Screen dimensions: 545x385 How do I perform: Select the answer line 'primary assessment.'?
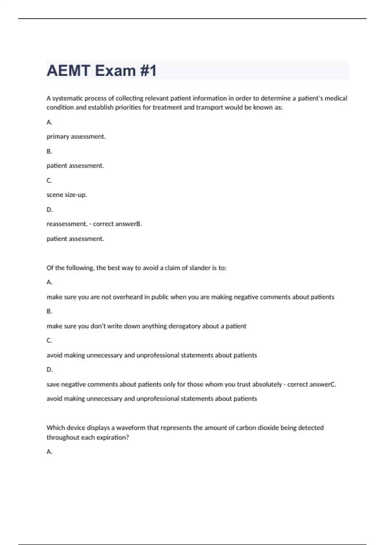click(76, 137)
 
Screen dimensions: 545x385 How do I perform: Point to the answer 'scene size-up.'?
click(67, 195)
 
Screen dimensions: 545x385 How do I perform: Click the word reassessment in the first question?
click(67, 224)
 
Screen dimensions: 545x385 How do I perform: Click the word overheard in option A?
click(127, 297)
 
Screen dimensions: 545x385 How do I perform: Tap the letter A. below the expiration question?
click(49, 452)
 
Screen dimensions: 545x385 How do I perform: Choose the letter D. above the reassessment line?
click(49, 210)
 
